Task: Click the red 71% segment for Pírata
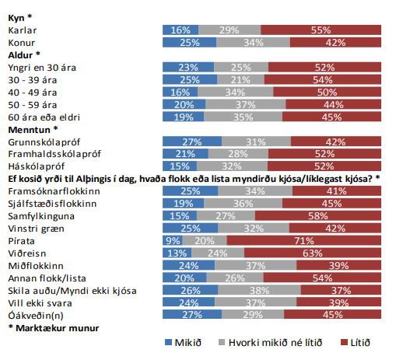(x=304, y=240)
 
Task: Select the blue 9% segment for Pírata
(x=173, y=240)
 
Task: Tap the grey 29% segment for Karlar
(x=230, y=30)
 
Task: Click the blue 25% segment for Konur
(x=190, y=42)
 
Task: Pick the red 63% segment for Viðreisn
(x=313, y=253)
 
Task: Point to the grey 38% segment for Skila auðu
(x=259, y=290)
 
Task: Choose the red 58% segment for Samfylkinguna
(x=318, y=215)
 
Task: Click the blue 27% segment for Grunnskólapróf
(x=192, y=142)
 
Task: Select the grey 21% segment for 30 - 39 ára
(x=240, y=79)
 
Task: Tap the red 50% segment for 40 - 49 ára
(x=327, y=92)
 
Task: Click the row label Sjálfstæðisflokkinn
(x=52, y=204)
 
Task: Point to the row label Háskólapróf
(x=37, y=166)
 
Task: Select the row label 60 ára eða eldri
(x=44, y=117)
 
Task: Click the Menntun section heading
(x=33, y=130)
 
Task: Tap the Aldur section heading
(x=24, y=55)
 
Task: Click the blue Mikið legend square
(x=168, y=342)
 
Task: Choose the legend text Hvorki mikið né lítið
(x=275, y=343)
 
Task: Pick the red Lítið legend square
(x=344, y=342)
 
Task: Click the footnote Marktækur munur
(x=57, y=328)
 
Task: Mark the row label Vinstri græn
(x=36, y=229)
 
